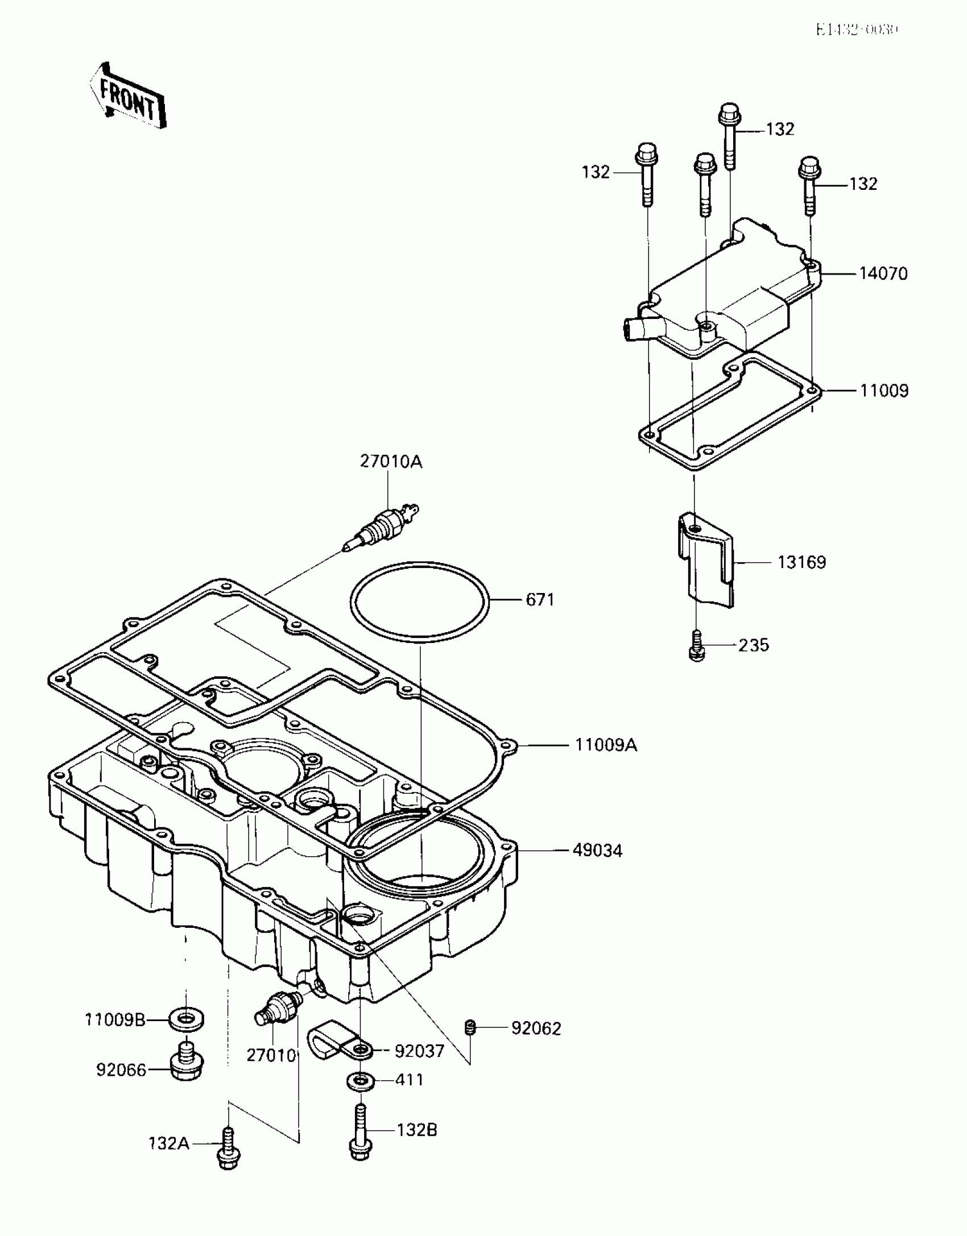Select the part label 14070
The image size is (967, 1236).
[883, 274]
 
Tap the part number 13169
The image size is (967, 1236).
[801, 563]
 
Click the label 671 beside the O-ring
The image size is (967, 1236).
[540, 600]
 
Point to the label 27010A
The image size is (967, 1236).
[391, 462]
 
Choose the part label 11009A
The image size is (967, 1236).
[606, 745]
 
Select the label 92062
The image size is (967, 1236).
[536, 1029]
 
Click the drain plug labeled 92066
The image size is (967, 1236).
[186, 1064]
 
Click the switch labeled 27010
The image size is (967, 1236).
[278, 1007]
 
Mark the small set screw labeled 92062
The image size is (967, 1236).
[469, 1028]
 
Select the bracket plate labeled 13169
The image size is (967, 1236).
[705, 560]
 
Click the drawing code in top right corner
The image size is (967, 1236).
[857, 30]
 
